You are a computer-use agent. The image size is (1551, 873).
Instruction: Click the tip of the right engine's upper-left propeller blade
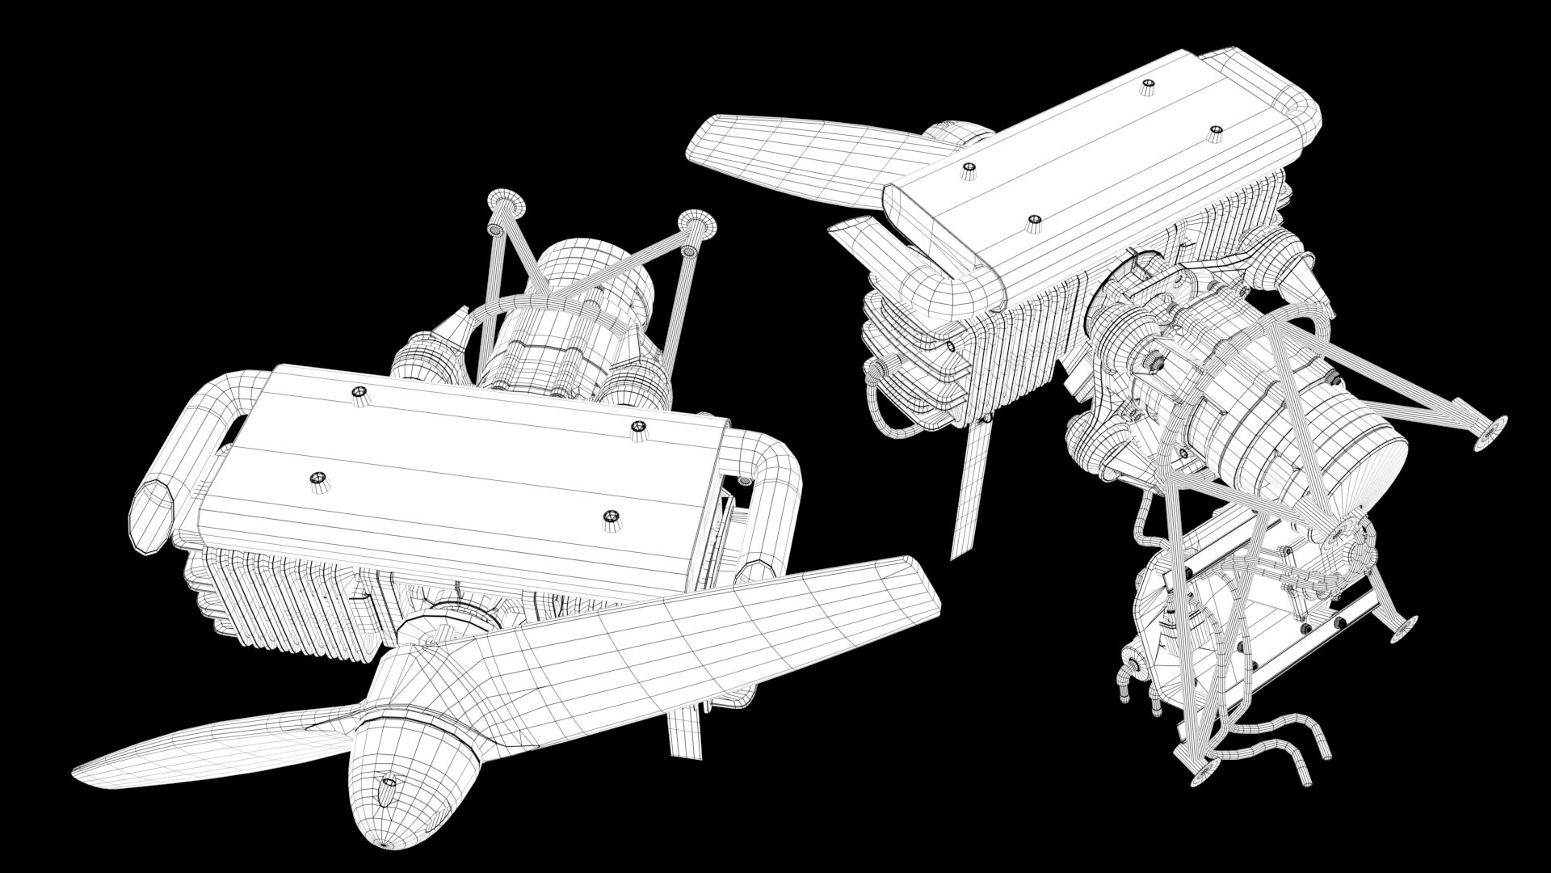click(x=703, y=137)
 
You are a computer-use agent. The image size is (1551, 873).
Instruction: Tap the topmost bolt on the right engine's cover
click(x=1147, y=87)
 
